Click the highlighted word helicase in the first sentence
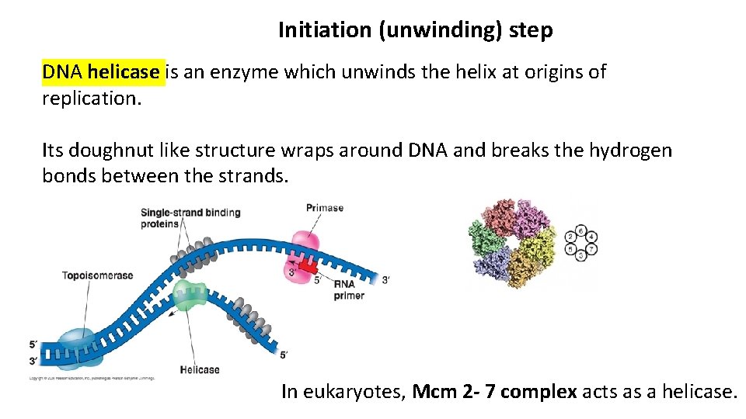[124, 73]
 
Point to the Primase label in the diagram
[325, 208]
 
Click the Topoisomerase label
[98, 275]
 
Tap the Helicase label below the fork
[200, 369]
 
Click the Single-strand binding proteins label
[190, 218]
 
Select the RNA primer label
[349, 289]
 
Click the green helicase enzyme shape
[190, 296]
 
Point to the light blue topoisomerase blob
[74, 346]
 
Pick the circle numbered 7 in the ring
[592, 250]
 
